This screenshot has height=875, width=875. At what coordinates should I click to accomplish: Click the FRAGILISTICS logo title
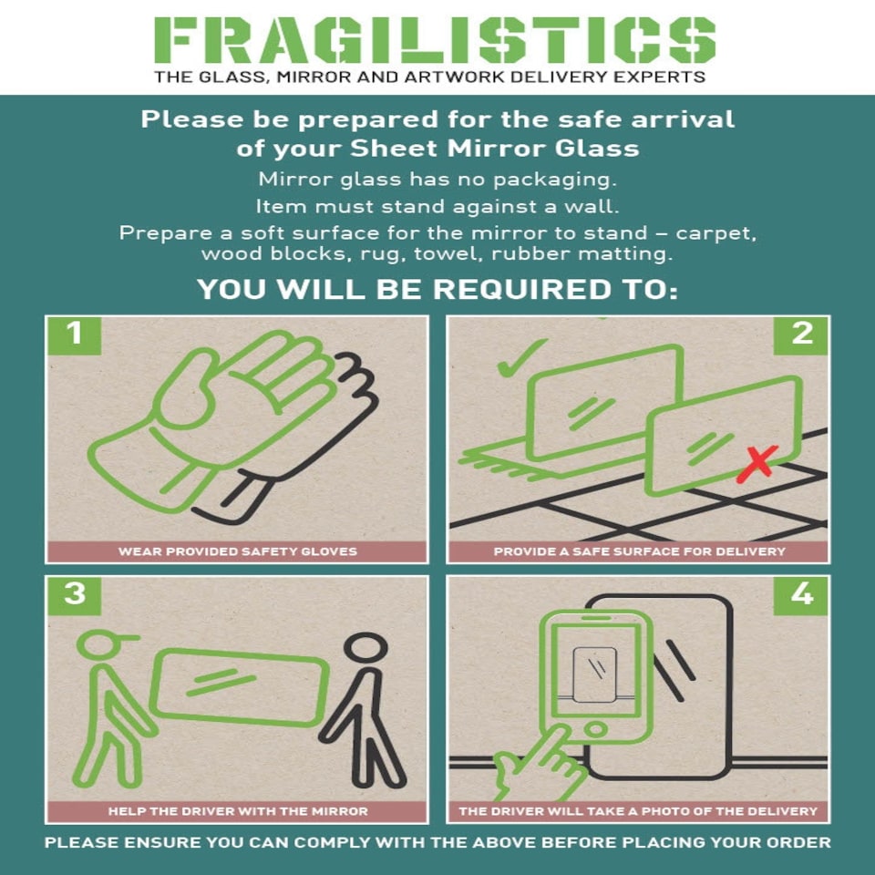(x=435, y=39)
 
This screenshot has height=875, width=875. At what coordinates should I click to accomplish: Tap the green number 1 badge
(x=74, y=335)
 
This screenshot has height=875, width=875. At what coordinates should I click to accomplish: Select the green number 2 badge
(x=801, y=335)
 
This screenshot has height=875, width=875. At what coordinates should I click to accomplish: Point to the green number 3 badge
(x=74, y=595)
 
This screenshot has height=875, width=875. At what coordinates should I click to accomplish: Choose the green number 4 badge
(x=801, y=595)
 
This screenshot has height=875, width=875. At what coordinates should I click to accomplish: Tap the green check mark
(x=520, y=358)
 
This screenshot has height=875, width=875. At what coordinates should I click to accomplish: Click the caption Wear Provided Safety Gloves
(x=238, y=551)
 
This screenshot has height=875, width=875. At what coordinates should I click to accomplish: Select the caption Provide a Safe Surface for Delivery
(x=639, y=551)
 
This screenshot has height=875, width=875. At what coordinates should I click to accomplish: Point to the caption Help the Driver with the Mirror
(x=238, y=811)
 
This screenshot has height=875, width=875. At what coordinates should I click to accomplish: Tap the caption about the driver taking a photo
(x=638, y=811)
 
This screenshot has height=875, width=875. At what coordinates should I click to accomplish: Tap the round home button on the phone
(x=596, y=729)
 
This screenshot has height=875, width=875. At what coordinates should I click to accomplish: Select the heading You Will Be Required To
(x=437, y=289)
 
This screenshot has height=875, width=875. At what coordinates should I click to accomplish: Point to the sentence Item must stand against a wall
(x=437, y=207)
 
